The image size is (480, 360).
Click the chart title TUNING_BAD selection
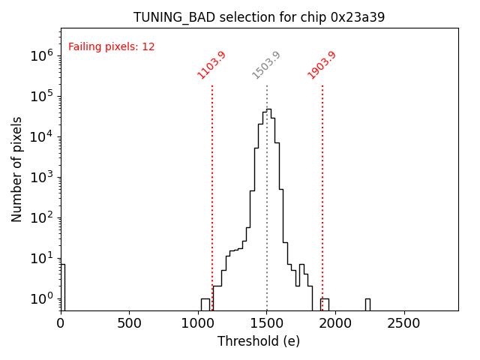259,17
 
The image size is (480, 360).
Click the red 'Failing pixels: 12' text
111,47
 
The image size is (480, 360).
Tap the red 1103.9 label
211,65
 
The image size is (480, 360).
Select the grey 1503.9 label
266,65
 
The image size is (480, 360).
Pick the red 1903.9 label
322,65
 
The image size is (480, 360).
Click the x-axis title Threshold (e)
259,341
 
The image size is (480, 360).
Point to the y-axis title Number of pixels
17,169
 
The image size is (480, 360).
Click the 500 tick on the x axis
130,324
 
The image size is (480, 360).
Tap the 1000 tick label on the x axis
198,324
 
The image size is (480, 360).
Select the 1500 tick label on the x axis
267,324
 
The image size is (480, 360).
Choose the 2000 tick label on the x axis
336,324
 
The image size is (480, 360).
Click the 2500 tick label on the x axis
405,324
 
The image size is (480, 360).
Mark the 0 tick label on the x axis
61,324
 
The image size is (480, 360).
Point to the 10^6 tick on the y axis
42,55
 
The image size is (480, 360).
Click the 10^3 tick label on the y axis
42,177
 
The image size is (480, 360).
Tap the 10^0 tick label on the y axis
42,299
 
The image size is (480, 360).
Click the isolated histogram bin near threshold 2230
367,304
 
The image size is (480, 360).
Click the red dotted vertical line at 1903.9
322,187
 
